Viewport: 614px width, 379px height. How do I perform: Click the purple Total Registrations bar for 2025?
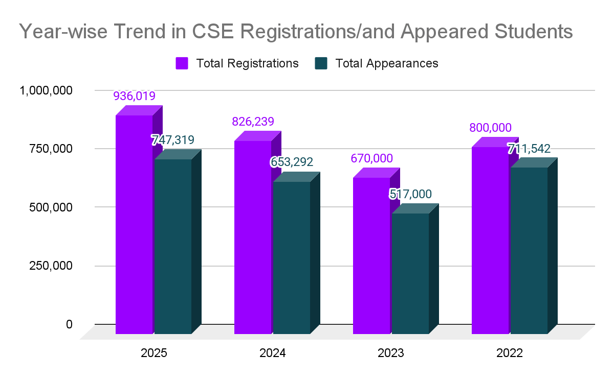134,225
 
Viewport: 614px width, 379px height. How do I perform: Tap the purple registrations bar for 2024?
253,238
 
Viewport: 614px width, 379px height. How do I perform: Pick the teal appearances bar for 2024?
291,258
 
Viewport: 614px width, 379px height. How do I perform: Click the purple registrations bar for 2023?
371,256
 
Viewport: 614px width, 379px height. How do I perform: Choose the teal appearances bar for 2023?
410,274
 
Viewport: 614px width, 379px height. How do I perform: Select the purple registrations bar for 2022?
490,241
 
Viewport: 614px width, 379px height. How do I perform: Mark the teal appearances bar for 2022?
529,251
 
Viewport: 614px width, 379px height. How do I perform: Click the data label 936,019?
134,96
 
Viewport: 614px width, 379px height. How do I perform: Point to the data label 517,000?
410,194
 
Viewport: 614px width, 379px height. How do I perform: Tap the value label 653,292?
292,162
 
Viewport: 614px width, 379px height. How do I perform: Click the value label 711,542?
529,149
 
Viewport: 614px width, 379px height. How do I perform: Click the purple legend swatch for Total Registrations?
182,63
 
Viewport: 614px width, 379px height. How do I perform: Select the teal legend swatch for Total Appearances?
321,63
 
